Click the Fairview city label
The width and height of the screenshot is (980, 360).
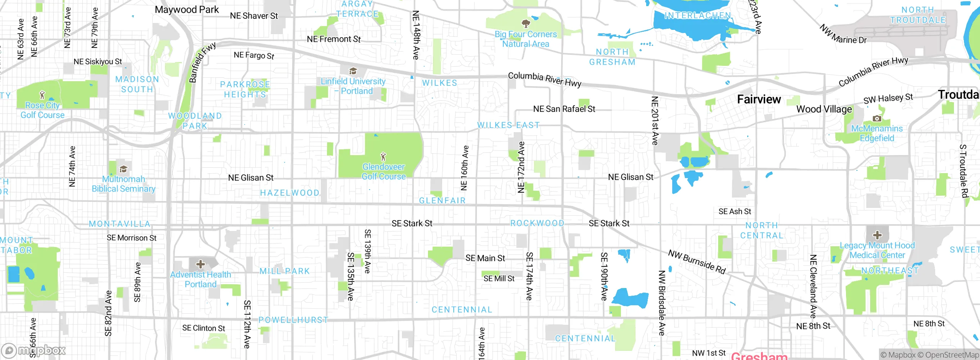pyautogui.click(x=759, y=99)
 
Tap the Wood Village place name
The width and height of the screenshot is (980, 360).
pyautogui.click(x=824, y=109)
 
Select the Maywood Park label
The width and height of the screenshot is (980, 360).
pyautogui.click(x=186, y=10)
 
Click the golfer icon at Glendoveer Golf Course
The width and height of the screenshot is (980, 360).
pyautogui.click(x=383, y=157)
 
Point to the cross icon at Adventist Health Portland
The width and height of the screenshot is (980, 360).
pyautogui.click(x=200, y=264)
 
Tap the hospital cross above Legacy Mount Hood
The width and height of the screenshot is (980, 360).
pyautogui.click(x=877, y=235)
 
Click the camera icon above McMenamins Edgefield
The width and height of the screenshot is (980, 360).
pyautogui.click(x=877, y=118)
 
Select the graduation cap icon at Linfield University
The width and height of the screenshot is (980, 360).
pyautogui.click(x=353, y=71)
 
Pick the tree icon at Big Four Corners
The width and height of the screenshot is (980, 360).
pyautogui.click(x=526, y=23)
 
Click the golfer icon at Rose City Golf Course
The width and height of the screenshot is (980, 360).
pyautogui.click(x=42, y=95)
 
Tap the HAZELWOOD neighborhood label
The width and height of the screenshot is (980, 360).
pyautogui.click(x=290, y=193)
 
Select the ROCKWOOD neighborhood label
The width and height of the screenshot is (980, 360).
pyautogui.click(x=537, y=223)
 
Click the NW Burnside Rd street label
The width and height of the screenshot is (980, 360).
pyautogui.click(x=697, y=262)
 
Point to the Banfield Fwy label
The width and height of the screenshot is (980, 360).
pyautogui.click(x=203, y=62)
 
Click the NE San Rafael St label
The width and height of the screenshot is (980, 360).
pyautogui.click(x=564, y=109)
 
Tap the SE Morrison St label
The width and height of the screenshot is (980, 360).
pyautogui.click(x=131, y=238)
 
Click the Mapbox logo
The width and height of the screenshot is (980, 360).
pyautogui.click(x=34, y=350)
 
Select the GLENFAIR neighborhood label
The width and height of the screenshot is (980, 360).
pyautogui.click(x=442, y=201)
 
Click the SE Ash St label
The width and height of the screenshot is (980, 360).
pyautogui.click(x=734, y=211)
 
